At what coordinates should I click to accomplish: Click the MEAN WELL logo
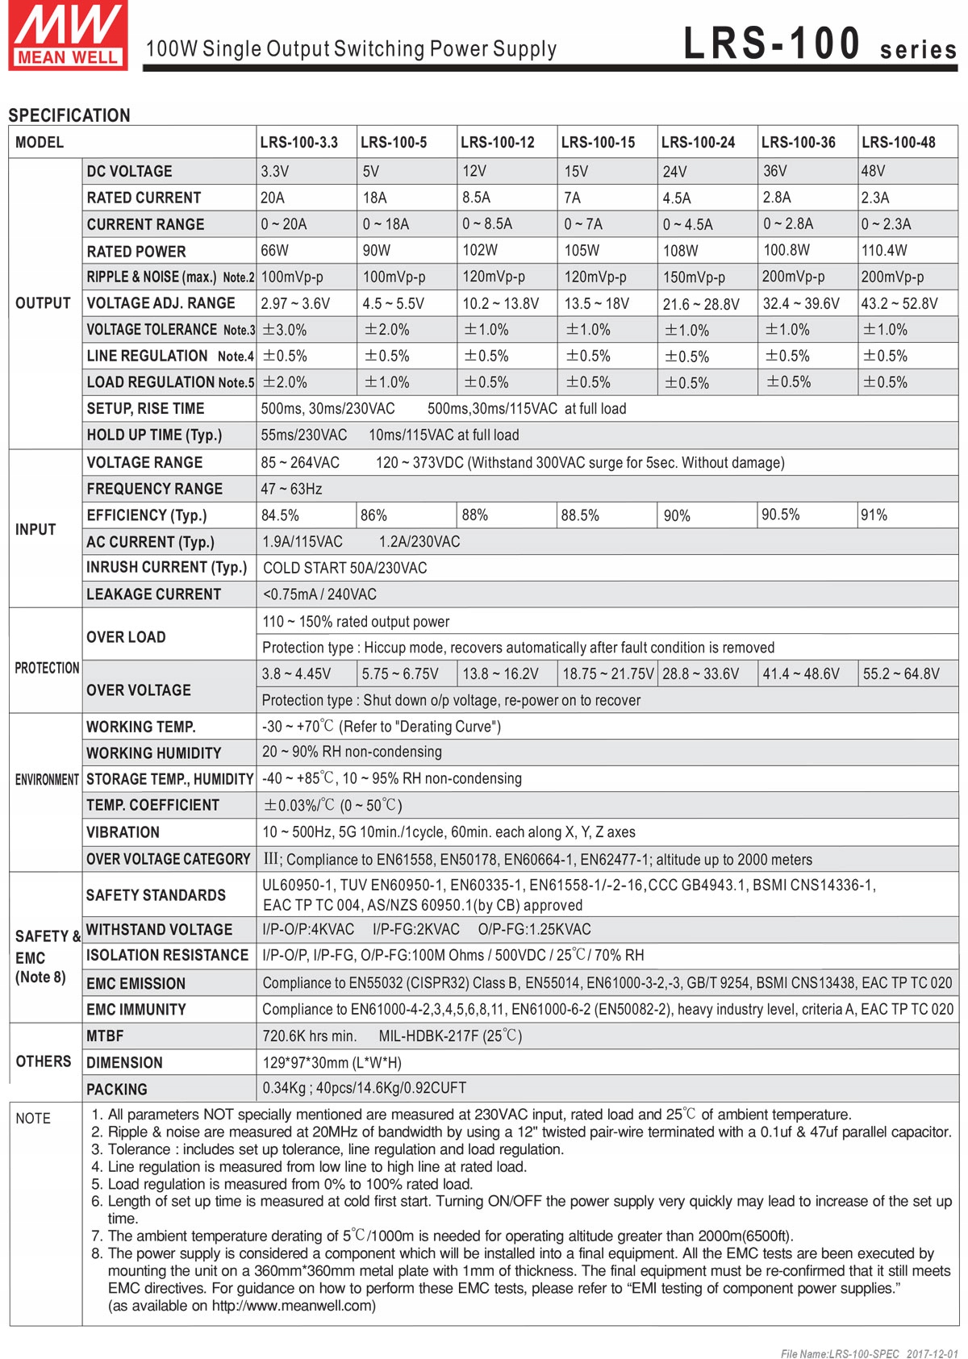point(68,36)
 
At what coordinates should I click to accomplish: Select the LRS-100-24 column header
point(698,143)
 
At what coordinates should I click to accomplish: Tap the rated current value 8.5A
point(477,198)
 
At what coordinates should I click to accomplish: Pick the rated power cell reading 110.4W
point(884,251)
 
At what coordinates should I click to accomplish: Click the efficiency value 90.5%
point(780,515)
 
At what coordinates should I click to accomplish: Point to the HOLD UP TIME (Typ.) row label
point(154,436)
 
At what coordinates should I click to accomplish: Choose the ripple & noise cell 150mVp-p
point(694,277)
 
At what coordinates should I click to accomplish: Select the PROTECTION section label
point(47,669)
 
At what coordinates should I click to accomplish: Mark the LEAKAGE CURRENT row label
point(153,594)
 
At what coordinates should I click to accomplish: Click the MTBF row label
point(105,1036)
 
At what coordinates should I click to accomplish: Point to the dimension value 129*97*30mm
point(332,1063)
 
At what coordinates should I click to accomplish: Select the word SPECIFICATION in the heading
point(69,115)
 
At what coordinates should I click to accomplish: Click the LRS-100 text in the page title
point(772,44)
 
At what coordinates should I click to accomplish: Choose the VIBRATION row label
point(123,832)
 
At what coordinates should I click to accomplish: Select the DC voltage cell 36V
point(775,171)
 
